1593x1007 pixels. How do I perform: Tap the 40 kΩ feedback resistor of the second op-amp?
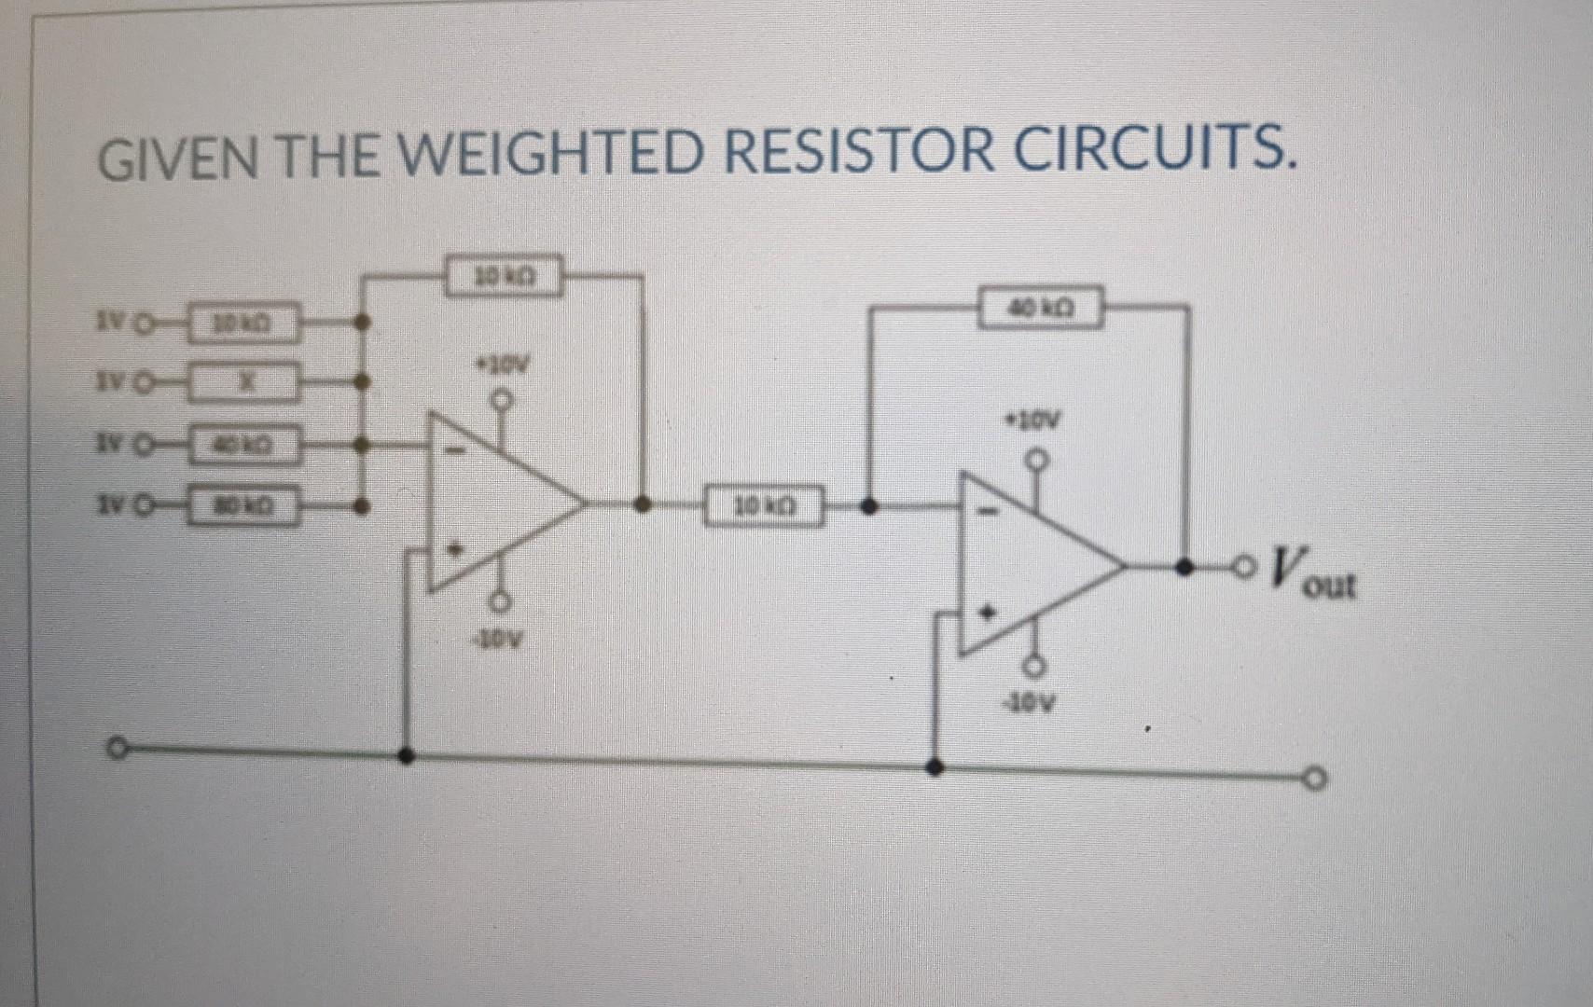tap(1045, 306)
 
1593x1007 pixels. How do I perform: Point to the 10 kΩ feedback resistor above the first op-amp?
tap(503, 277)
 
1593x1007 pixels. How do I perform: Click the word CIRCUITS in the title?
tap(1154, 151)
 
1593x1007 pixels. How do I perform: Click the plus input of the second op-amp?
tap(991, 613)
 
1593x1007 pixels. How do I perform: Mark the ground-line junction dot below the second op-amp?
tap(937, 766)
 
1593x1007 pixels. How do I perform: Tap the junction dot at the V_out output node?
tap(1185, 566)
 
